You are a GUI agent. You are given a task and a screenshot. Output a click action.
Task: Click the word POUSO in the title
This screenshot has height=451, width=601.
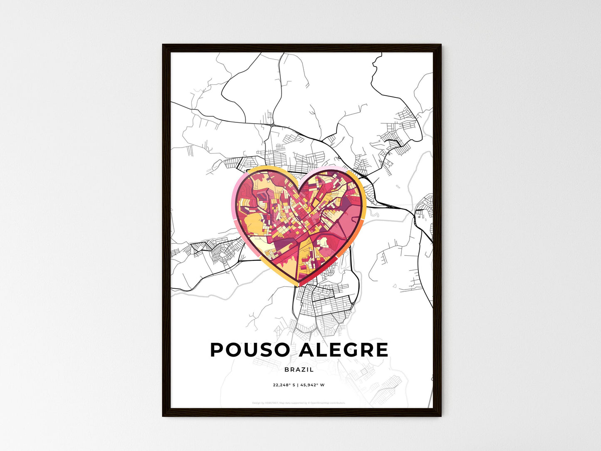coord(250,350)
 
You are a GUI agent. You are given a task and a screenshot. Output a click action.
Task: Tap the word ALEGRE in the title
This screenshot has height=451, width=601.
coord(344,350)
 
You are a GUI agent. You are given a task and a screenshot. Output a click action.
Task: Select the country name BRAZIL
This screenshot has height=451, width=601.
coord(299,369)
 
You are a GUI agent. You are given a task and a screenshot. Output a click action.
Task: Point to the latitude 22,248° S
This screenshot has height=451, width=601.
coord(284,385)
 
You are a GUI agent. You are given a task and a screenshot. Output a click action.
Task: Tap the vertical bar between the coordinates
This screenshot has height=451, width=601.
coord(298,385)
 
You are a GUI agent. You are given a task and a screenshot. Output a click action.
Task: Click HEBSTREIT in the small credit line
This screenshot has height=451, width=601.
coord(272,403)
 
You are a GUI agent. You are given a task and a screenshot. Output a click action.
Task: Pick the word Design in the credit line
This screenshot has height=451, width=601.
coord(256,403)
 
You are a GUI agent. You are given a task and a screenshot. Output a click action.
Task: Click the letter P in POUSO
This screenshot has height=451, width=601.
coord(218,350)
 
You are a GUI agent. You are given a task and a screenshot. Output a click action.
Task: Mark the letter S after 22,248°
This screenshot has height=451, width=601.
coord(294,385)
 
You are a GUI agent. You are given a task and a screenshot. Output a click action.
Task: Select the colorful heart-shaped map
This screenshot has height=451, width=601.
coord(298,225)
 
